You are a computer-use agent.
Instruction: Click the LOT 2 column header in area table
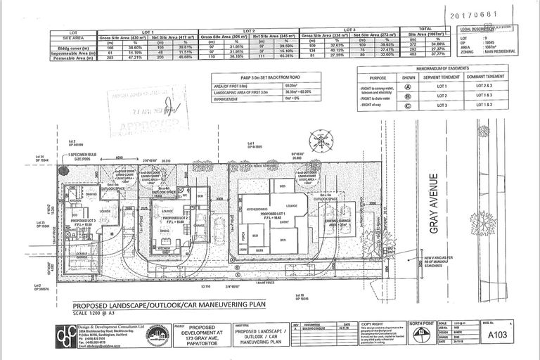[x=249, y=32]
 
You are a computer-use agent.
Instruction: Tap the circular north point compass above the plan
[x=321, y=136]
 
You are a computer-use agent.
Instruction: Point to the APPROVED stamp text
[x=140, y=125]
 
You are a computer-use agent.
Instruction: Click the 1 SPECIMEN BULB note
[x=94, y=156]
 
